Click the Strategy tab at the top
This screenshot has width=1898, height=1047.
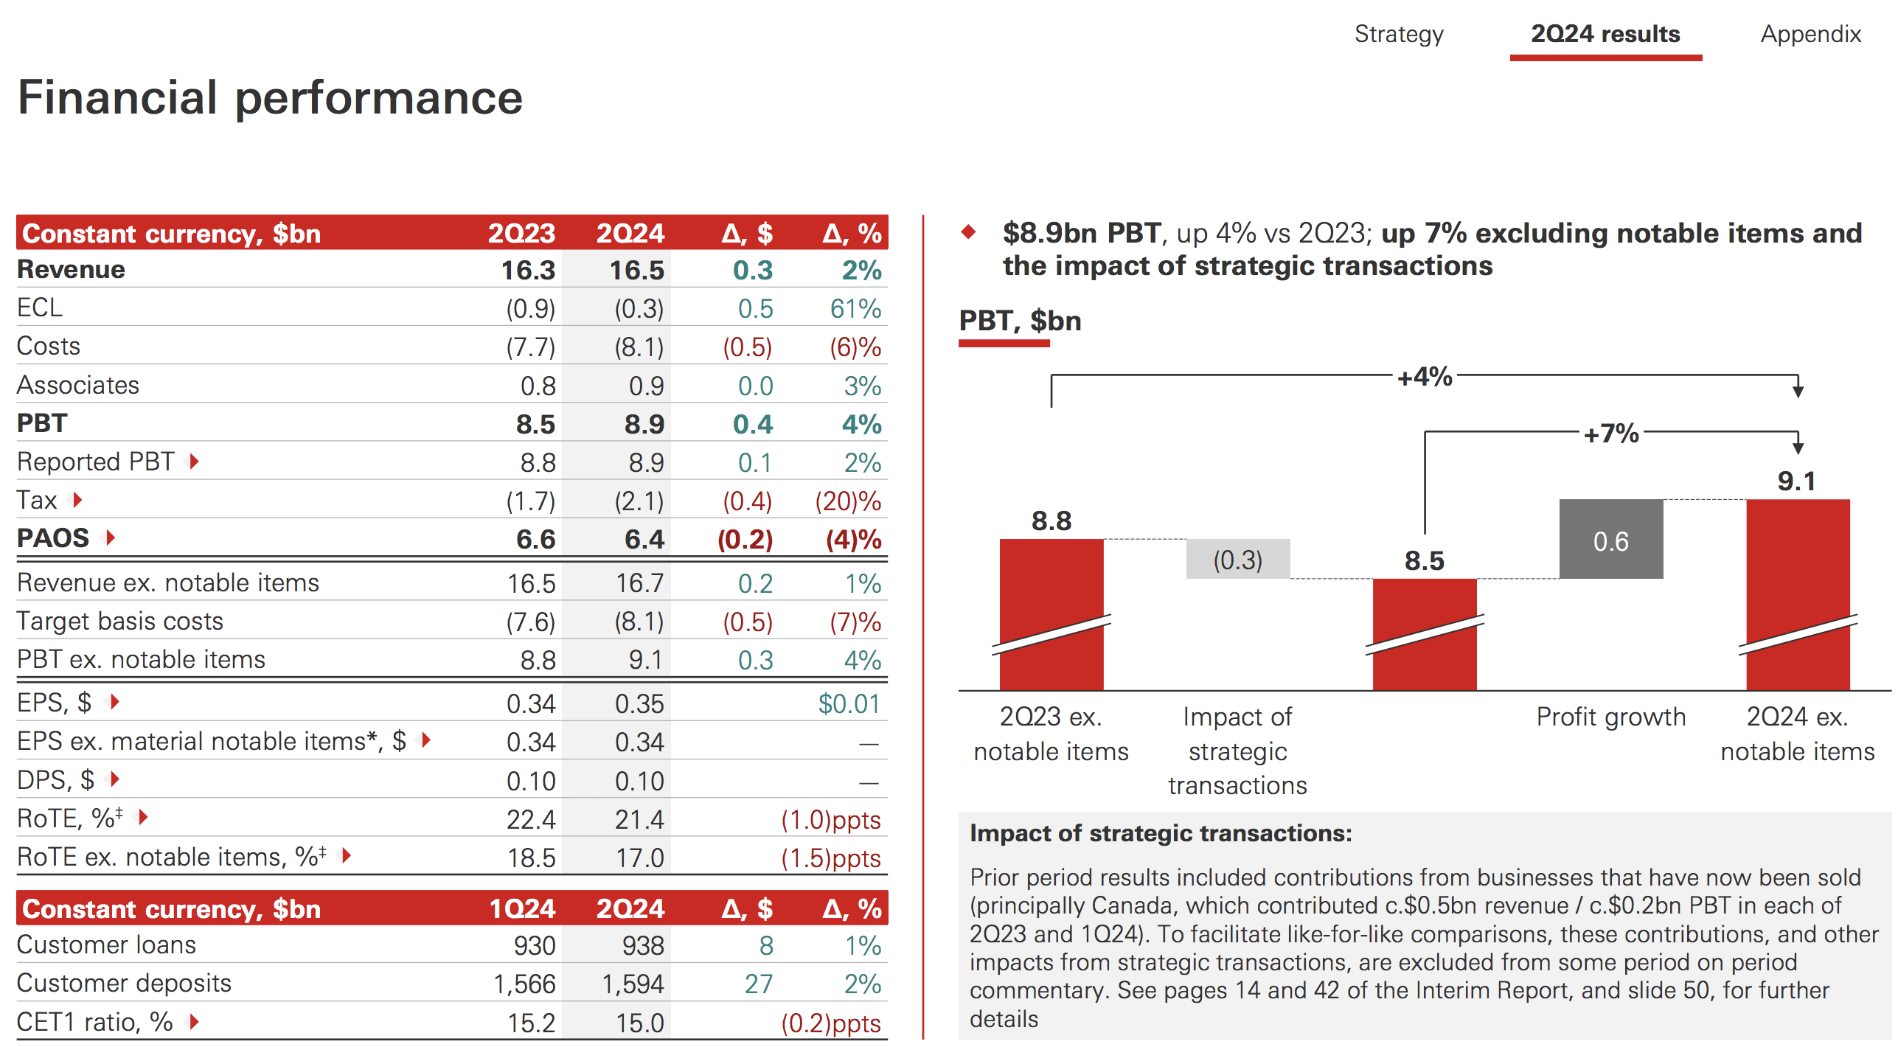pos(1398,34)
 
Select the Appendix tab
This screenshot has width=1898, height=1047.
pos(1810,34)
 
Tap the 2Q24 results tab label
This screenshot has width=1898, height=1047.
pos(1605,34)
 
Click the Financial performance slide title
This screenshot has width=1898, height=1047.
pos(270,97)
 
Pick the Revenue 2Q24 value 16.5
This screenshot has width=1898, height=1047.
pos(636,270)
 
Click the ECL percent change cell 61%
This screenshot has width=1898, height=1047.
pos(855,308)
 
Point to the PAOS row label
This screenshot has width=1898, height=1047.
pos(53,538)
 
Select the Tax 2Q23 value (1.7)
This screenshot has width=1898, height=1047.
pos(530,501)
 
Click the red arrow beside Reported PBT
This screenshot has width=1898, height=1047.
pos(194,462)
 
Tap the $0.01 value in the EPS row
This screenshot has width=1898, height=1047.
pos(849,703)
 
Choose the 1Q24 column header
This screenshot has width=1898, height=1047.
pos(521,908)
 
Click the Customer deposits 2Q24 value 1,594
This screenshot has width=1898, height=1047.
pos(633,984)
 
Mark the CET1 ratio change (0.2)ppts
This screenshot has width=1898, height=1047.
pos(830,1023)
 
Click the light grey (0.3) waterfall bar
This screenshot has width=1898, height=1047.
pos(1237,560)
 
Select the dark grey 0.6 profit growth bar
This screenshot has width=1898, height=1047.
pos(1610,540)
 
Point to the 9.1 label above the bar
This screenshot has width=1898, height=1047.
pos(1796,481)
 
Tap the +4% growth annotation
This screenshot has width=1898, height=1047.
pos(1424,377)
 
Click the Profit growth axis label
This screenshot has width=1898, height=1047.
pos(1610,717)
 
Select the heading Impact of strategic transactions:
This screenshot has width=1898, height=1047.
pos(1161,833)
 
